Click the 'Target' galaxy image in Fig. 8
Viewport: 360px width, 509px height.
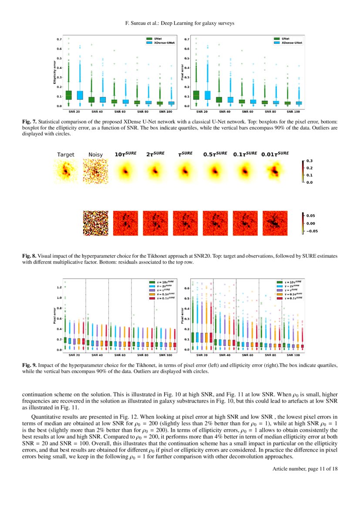click(66, 171)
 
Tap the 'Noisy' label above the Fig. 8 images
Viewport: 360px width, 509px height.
click(95, 155)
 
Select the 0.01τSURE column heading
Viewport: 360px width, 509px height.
click(275, 154)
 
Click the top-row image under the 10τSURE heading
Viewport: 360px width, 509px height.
click(125, 171)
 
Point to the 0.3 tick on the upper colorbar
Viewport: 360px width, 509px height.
click(310, 161)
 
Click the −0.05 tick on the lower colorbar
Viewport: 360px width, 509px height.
click(312, 231)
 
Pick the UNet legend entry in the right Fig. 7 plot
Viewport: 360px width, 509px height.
click(286, 39)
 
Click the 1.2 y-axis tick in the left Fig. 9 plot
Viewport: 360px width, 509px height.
click(59, 287)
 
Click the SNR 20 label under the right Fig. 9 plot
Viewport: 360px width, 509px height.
click(202, 355)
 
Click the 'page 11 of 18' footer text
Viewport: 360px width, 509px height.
click(321, 469)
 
